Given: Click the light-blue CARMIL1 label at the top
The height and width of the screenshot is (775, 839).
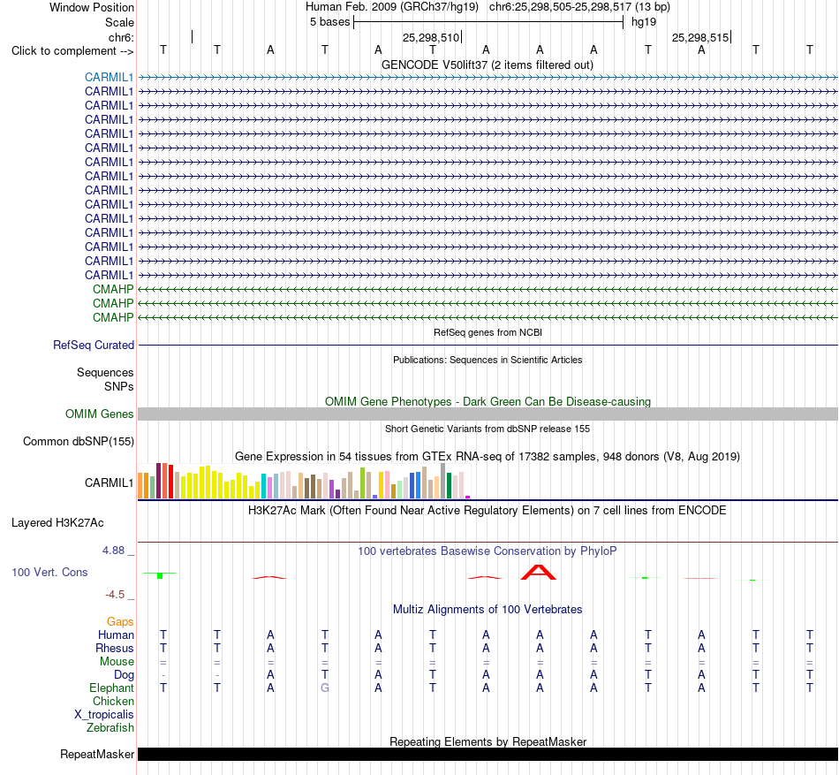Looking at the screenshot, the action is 109,77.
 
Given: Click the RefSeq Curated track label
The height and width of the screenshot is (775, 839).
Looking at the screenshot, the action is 93,346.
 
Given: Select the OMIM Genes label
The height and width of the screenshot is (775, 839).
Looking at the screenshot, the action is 99,414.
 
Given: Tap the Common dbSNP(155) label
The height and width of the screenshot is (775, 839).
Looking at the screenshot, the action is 78,442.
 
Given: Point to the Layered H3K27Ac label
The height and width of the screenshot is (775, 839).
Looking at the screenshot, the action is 57,523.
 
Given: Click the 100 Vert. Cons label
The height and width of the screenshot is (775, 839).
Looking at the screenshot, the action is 49,572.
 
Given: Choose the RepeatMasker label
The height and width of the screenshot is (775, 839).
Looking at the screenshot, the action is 97,754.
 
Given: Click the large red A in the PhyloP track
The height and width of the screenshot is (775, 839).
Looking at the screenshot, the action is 539,573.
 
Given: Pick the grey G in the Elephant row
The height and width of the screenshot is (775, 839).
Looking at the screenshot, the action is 325,688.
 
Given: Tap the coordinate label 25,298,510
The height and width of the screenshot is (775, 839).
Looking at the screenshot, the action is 431,37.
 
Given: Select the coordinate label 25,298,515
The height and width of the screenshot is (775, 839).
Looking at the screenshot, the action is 700,37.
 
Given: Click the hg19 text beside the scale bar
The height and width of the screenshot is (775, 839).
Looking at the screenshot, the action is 644,22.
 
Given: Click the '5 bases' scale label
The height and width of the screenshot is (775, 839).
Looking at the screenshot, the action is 329,22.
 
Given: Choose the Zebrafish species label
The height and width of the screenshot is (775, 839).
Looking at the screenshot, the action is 110,728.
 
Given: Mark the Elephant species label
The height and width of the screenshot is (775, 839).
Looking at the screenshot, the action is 111,688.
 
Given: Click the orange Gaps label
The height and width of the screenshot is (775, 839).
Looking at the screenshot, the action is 120,621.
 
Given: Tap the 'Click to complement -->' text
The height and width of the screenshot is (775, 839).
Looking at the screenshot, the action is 72,51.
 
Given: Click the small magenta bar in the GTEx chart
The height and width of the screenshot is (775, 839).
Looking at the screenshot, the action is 468,498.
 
